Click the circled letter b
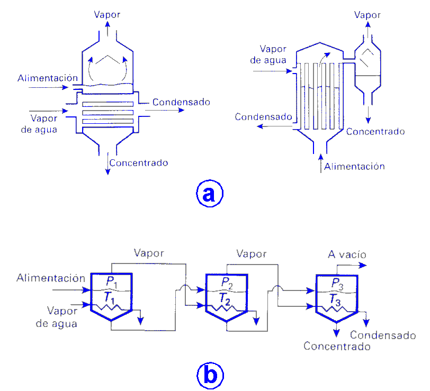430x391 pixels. (x=210, y=376)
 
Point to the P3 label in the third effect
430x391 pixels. (x=338, y=283)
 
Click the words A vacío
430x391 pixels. (x=347, y=254)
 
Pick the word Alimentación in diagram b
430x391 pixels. (x=51, y=278)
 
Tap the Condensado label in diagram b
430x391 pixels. (x=383, y=335)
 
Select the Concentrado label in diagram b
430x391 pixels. (x=337, y=347)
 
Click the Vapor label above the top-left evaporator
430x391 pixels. (x=107, y=14)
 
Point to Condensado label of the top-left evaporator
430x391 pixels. (x=181, y=102)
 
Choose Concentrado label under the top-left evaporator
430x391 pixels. (x=139, y=162)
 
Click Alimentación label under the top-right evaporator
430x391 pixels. (x=354, y=166)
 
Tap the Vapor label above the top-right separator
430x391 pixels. (x=368, y=15)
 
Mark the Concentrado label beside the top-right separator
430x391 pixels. (x=375, y=131)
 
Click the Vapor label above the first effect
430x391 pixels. (x=149, y=253)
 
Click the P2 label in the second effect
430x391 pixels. (x=226, y=281)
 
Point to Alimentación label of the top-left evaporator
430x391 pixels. (x=44, y=78)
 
